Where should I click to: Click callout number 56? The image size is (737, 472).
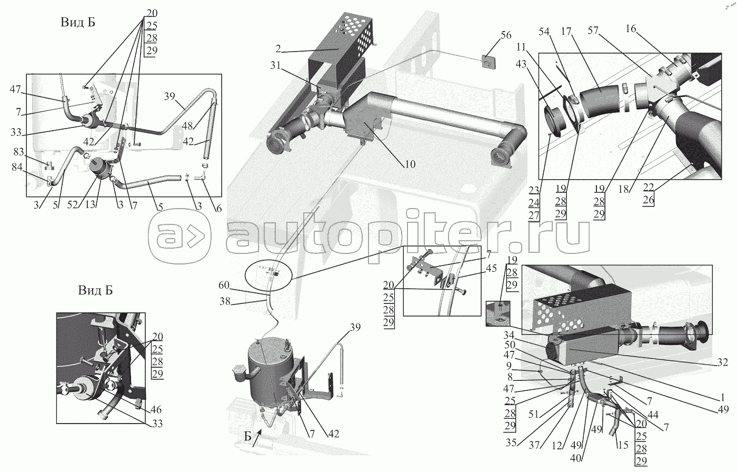click(506, 36)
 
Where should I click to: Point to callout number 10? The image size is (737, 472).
click(410, 164)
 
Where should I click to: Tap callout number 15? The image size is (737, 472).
click(622, 444)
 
